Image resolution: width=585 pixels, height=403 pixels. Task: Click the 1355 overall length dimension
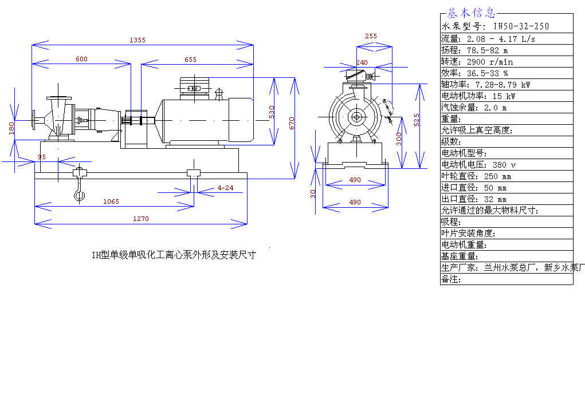click(x=138, y=40)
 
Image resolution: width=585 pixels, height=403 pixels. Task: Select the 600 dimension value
click(x=82, y=59)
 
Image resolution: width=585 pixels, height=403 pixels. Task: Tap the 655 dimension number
click(x=191, y=60)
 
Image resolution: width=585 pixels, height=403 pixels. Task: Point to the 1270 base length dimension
click(x=140, y=219)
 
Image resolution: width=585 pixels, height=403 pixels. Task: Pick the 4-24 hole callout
click(x=225, y=188)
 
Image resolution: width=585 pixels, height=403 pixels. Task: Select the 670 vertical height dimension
click(x=292, y=123)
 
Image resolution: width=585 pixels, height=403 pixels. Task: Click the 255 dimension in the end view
click(x=371, y=36)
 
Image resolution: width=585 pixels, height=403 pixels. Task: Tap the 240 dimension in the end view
click(x=362, y=62)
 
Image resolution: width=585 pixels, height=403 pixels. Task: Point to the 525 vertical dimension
click(x=417, y=120)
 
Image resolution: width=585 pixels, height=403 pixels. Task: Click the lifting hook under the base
click(x=79, y=192)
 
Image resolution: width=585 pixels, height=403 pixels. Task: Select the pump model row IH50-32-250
click(x=507, y=27)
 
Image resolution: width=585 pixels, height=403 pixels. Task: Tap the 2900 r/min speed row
click(x=507, y=61)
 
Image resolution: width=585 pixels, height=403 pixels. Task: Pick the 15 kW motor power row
click(x=507, y=96)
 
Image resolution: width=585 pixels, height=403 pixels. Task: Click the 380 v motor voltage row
click(x=507, y=164)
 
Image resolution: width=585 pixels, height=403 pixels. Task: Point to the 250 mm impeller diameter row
click(x=507, y=176)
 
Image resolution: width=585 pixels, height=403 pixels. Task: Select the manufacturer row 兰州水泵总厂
click(x=507, y=267)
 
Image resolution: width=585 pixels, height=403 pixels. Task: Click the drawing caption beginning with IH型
click(x=174, y=255)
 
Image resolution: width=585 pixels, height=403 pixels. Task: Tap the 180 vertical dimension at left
click(x=11, y=128)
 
